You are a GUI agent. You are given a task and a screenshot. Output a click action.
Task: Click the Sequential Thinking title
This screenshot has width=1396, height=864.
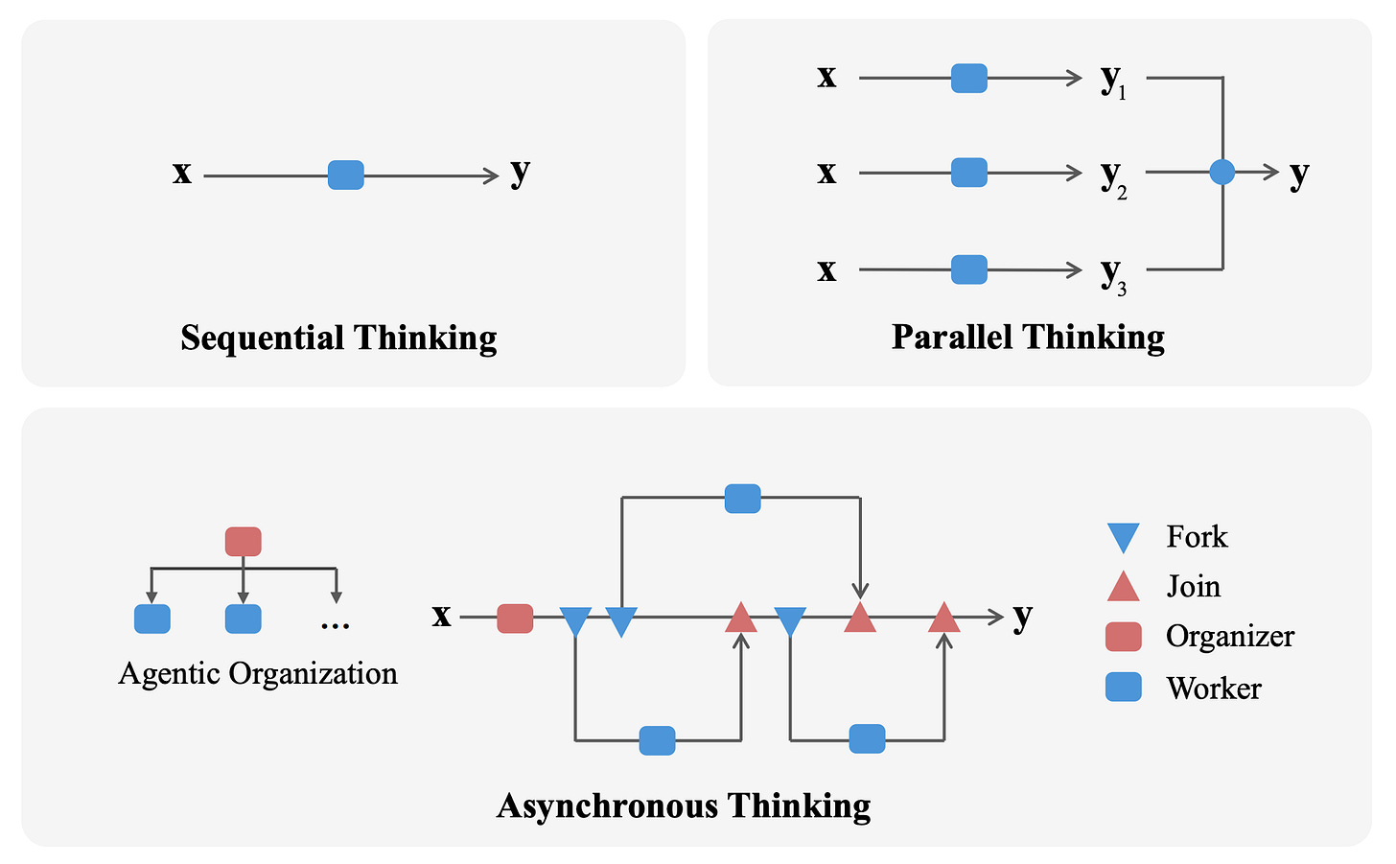pos(338,338)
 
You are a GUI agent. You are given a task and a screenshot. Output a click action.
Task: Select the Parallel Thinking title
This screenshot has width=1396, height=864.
pos(1028,338)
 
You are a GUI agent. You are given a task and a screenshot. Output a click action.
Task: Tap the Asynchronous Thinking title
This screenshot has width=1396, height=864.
pos(684,806)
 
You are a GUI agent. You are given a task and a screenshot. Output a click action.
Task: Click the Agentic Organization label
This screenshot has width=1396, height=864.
pos(258,673)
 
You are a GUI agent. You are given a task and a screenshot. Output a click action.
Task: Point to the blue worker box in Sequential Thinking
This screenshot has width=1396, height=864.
pos(346,175)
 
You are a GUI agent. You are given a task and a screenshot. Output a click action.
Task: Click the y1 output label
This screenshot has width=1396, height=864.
pos(1113,82)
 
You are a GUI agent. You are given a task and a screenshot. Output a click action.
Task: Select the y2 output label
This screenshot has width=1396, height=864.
pos(1113,177)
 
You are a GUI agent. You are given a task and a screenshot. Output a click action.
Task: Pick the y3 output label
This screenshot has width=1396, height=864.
pos(1113,274)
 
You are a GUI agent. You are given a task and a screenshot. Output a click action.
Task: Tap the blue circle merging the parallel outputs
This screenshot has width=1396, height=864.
pos(1222,173)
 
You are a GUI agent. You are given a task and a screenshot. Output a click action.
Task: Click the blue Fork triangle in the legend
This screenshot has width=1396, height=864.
pos(1123,537)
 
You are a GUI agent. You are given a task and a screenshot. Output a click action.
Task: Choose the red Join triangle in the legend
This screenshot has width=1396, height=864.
pos(1123,586)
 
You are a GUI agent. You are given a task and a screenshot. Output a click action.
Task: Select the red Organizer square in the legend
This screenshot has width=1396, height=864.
pos(1123,637)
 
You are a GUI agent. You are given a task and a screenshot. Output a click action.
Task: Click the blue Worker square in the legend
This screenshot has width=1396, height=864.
pos(1123,688)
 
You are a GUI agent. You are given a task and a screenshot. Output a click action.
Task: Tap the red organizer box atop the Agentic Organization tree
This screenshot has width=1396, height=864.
pos(244,542)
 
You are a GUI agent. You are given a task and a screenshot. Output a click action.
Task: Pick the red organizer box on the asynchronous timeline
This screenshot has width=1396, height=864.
pos(515,619)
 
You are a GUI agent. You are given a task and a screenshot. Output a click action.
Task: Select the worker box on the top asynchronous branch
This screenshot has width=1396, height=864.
pos(743,499)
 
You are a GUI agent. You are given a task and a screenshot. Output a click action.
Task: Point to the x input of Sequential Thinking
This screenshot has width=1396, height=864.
pos(182,174)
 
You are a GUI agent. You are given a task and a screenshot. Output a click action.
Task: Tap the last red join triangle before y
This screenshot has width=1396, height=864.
pos(944,619)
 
